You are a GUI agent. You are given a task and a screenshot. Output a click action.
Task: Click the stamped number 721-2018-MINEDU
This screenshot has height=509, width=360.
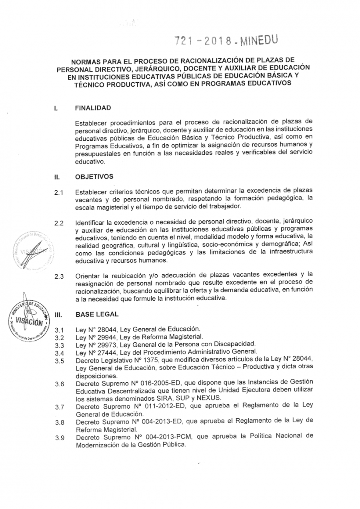click(x=226, y=40)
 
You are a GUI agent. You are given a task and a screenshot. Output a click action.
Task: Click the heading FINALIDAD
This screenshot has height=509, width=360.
click(x=93, y=108)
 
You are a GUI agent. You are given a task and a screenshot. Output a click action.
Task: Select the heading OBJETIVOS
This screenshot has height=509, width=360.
click(x=94, y=176)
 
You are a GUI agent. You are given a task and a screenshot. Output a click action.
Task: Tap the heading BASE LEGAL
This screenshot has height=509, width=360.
click(x=96, y=315)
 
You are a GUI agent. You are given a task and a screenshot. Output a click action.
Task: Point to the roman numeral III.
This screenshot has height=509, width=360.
click(x=57, y=315)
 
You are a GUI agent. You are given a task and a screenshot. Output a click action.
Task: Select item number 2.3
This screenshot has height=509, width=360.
click(x=60, y=276)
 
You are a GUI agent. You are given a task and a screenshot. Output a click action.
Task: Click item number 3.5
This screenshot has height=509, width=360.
click(x=60, y=361)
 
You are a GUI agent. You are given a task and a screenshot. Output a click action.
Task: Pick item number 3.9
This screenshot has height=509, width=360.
click(x=60, y=438)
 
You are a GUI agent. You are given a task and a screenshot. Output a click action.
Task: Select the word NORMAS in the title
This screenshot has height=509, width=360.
click(x=88, y=62)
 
